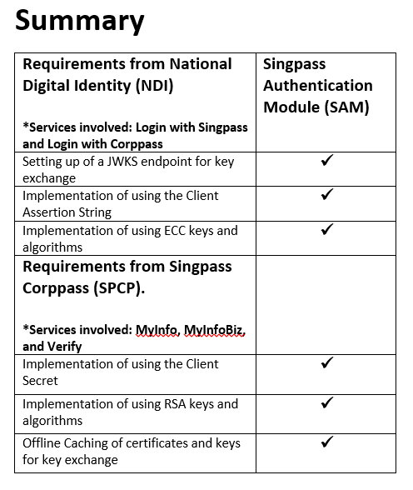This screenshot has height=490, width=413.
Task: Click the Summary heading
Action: (80, 20)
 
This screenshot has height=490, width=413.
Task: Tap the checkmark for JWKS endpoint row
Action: (327, 159)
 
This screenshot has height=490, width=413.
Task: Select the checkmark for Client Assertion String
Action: (327, 193)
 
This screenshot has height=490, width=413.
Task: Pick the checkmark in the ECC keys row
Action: (327, 228)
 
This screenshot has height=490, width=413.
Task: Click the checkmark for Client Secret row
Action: (327, 362)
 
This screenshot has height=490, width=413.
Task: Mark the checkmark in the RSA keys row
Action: (327, 402)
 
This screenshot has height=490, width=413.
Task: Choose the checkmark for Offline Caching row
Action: (327, 441)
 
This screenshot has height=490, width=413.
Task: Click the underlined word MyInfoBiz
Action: (214, 330)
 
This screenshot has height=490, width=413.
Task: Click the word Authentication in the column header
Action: (317, 85)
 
